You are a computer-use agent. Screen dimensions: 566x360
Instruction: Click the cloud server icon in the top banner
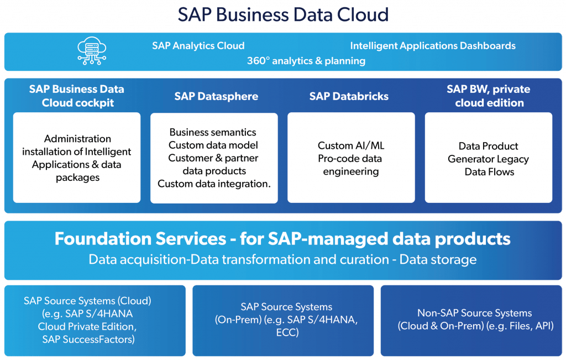coord(92,51)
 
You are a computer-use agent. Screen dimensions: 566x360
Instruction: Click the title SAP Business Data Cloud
coord(283,15)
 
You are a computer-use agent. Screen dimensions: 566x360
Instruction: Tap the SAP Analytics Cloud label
coord(198,45)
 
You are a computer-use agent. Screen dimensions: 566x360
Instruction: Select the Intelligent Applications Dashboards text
coord(433,46)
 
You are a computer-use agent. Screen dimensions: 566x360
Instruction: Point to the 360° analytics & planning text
coord(306,61)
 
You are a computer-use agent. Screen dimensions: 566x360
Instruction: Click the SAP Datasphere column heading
coord(216,96)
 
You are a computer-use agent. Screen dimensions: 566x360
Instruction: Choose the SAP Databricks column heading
coord(349,96)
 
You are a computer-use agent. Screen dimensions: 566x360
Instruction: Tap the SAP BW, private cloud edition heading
coord(489,96)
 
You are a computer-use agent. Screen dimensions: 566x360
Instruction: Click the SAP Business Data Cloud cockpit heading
coord(77,96)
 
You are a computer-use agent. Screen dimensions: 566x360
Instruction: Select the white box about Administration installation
coord(77,158)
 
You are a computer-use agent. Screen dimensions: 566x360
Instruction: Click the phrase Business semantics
coord(213,132)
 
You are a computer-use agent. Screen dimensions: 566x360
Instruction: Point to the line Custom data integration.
coord(214,184)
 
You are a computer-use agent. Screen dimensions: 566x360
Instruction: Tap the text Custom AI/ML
coord(351,145)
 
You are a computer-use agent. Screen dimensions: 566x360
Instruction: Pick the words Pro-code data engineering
coord(350,165)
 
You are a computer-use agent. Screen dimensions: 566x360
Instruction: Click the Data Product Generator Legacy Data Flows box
coord(489,158)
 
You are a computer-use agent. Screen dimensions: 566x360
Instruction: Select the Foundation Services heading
coord(282,239)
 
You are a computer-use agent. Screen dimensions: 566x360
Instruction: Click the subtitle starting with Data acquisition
coord(282,259)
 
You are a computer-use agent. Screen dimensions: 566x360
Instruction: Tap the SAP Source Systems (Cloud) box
coord(95,321)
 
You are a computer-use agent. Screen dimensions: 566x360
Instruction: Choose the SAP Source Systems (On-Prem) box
coord(283,321)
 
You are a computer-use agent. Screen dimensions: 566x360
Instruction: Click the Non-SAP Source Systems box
coord(471,321)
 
